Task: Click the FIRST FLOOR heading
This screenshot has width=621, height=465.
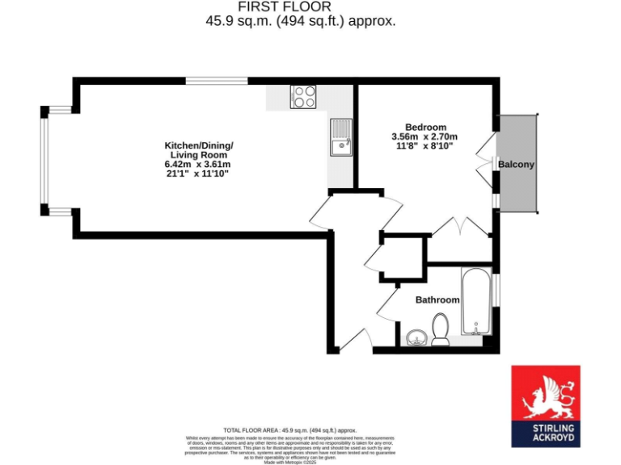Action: coord(301,6)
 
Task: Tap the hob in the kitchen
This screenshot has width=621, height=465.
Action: coord(304,97)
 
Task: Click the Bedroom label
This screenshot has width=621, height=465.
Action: coord(425,127)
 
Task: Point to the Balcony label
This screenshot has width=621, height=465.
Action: coord(516,165)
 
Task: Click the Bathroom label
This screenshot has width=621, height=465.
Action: coord(437,300)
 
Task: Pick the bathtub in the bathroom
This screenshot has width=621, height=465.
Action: coord(475,301)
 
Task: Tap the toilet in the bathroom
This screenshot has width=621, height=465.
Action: coord(441,329)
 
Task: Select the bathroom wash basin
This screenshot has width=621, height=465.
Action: coord(416,336)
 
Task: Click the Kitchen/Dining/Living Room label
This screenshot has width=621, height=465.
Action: coord(199,150)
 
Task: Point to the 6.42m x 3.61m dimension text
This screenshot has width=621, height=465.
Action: coord(198,164)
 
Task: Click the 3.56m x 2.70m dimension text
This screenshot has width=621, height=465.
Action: coord(425,136)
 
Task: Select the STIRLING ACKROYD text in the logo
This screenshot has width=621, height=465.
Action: coord(545,434)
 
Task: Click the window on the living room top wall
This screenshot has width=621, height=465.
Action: coord(217,80)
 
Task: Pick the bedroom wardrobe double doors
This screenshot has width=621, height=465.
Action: coord(461,228)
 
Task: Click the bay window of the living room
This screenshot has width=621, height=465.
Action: coord(45,161)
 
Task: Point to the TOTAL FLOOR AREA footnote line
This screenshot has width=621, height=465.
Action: coord(289,430)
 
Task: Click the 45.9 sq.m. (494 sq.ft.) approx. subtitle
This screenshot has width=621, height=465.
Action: coord(301,21)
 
